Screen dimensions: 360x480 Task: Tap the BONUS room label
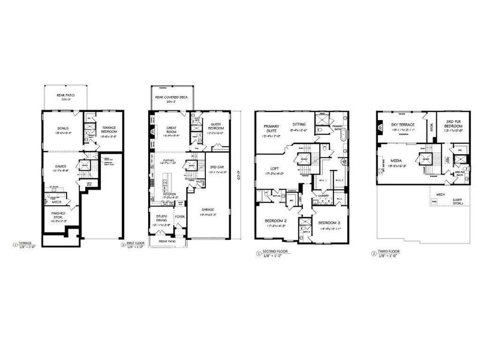[63, 128]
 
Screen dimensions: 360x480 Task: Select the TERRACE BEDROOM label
[107, 128]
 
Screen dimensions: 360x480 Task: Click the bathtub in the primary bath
[343, 136]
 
